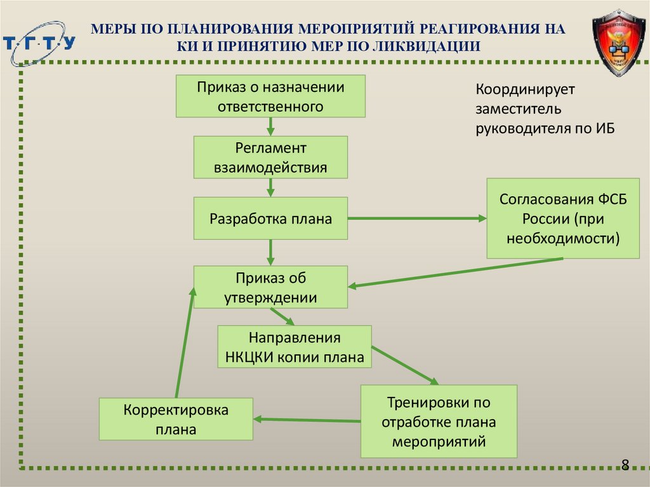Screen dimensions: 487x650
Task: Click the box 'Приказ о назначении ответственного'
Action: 270,96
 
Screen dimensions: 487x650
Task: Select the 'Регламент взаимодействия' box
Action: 270,157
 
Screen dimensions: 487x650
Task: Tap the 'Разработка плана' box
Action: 270,218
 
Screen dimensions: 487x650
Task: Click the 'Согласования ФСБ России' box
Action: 562,218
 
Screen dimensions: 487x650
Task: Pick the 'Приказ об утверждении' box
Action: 270,287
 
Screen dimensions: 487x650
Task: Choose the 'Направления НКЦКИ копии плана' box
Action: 295,347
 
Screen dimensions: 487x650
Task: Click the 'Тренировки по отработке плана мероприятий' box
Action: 439,421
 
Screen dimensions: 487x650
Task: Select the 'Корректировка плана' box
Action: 176,419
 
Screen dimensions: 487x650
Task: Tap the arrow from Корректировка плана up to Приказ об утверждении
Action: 185,343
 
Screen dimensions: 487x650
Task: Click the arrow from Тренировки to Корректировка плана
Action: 307,419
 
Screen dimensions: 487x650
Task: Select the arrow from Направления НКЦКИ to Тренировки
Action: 405,366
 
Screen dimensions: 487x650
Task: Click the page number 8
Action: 625,464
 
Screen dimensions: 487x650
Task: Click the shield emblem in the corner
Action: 618,43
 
